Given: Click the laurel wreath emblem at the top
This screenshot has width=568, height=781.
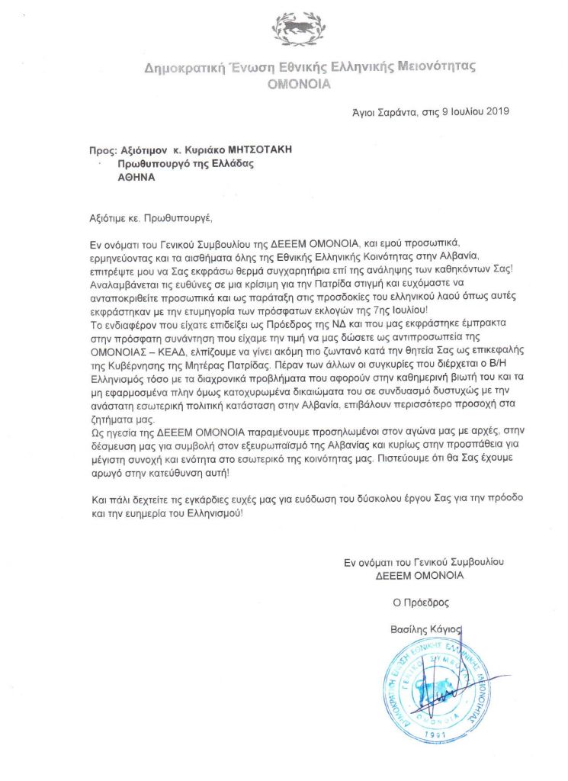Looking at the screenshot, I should click(299, 30).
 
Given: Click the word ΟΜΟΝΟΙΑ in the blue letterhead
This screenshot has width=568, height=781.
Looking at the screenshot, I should click(299, 84).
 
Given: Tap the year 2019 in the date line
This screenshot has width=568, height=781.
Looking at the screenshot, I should click(496, 111).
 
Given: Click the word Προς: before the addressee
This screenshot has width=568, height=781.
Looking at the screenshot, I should click(102, 150).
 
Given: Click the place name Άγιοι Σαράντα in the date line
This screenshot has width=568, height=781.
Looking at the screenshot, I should click(374, 111).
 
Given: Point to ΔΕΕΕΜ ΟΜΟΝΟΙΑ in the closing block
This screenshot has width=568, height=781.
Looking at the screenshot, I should click(419, 576).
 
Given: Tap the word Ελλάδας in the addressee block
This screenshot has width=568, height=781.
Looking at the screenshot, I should click(231, 164).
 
